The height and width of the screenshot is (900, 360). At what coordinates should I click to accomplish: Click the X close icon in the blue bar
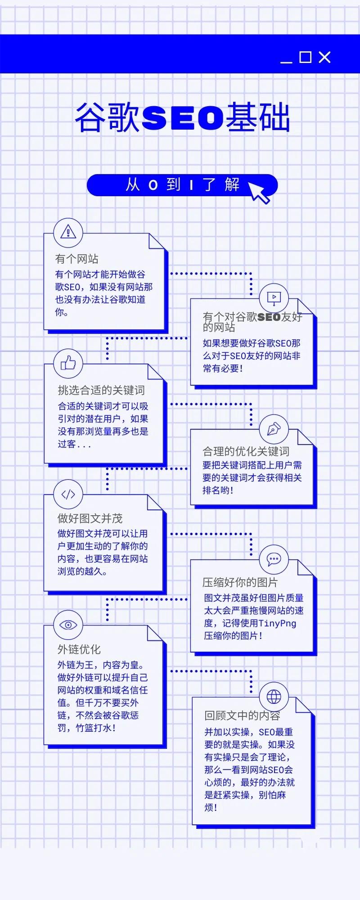click(324, 57)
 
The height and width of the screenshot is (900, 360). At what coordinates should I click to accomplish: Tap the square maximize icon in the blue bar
click(306, 57)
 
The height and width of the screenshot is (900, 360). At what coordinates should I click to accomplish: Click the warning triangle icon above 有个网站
click(68, 233)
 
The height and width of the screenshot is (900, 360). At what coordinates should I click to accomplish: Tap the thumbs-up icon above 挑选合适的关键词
click(68, 363)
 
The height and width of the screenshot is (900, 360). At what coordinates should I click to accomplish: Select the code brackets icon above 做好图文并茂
click(68, 495)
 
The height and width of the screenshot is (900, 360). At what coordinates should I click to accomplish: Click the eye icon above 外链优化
click(68, 625)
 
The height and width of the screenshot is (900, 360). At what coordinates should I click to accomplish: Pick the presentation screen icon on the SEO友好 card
click(274, 297)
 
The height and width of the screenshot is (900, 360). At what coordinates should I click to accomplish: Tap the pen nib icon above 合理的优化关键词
click(274, 429)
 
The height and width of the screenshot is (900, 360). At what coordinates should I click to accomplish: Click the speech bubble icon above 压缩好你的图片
click(274, 559)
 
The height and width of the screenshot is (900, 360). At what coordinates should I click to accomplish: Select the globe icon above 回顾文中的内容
click(274, 697)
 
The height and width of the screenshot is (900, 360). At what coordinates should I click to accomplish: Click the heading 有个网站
click(76, 259)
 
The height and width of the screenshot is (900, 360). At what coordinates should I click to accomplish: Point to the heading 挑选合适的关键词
click(101, 390)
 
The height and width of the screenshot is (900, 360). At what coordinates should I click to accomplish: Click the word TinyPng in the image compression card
click(277, 623)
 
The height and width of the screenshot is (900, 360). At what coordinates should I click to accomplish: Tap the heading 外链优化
click(79, 649)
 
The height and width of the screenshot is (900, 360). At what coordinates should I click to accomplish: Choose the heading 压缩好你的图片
click(240, 582)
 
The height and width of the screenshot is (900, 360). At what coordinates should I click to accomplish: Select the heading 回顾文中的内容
click(242, 715)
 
